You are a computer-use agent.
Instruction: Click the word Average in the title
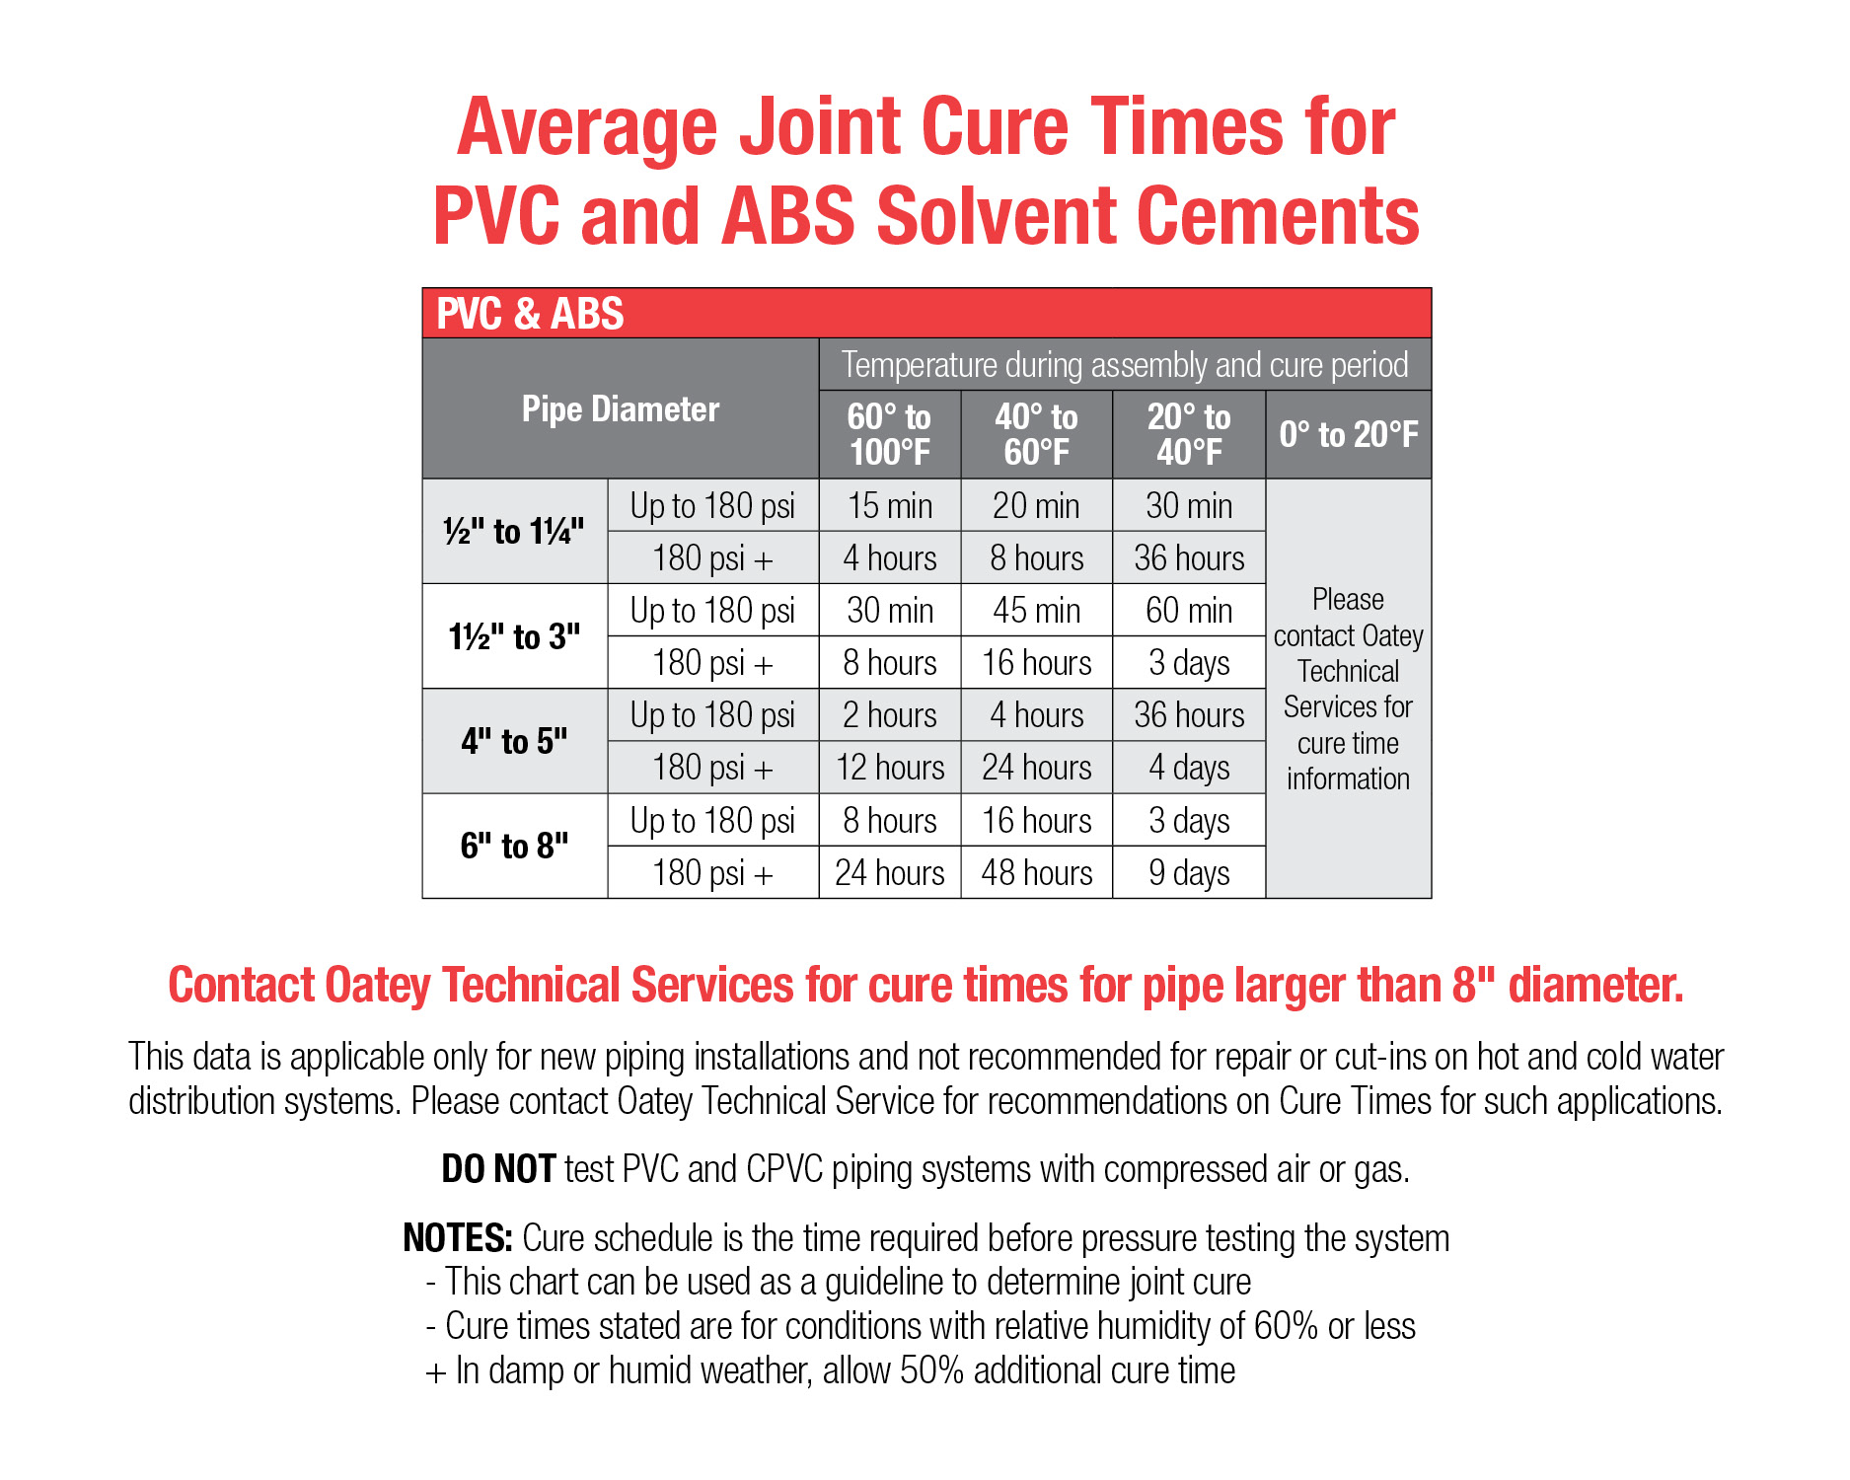click(589, 127)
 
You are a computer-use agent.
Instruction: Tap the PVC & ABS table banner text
click(530, 314)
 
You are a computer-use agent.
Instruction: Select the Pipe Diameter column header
click(621, 409)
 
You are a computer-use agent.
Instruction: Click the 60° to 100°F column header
click(889, 434)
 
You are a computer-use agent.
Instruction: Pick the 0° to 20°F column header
click(1349, 434)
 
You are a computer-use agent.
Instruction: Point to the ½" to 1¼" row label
click(514, 532)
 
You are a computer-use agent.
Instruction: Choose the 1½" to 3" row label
click(514, 636)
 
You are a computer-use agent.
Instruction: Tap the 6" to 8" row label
click(514, 846)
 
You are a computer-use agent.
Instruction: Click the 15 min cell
click(890, 506)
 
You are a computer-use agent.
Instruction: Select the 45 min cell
click(1037, 611)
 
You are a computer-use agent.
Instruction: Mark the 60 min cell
click(1189, 611)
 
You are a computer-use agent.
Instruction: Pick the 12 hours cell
click(890, 768)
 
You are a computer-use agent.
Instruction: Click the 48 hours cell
click(1037, 873)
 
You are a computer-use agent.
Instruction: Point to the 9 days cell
click(1189, 873)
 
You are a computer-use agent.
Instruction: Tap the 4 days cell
click(1189, 768)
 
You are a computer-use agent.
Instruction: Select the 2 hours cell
click(890, 715)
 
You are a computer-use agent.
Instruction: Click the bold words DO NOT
click(498, 1169)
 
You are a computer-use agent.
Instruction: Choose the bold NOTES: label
click(458, 1238)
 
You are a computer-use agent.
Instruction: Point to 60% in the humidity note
click(1286, 1326)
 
